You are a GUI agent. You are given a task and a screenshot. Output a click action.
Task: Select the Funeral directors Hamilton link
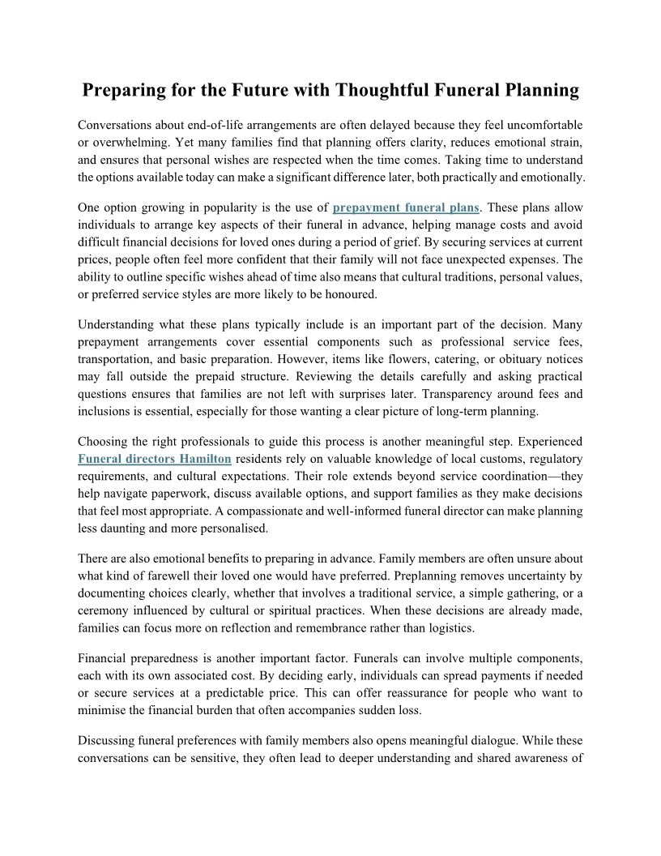click(x=155, y=459)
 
